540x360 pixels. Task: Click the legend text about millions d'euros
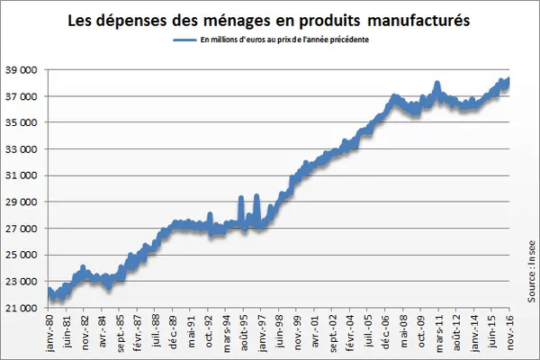tap(283, 41)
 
